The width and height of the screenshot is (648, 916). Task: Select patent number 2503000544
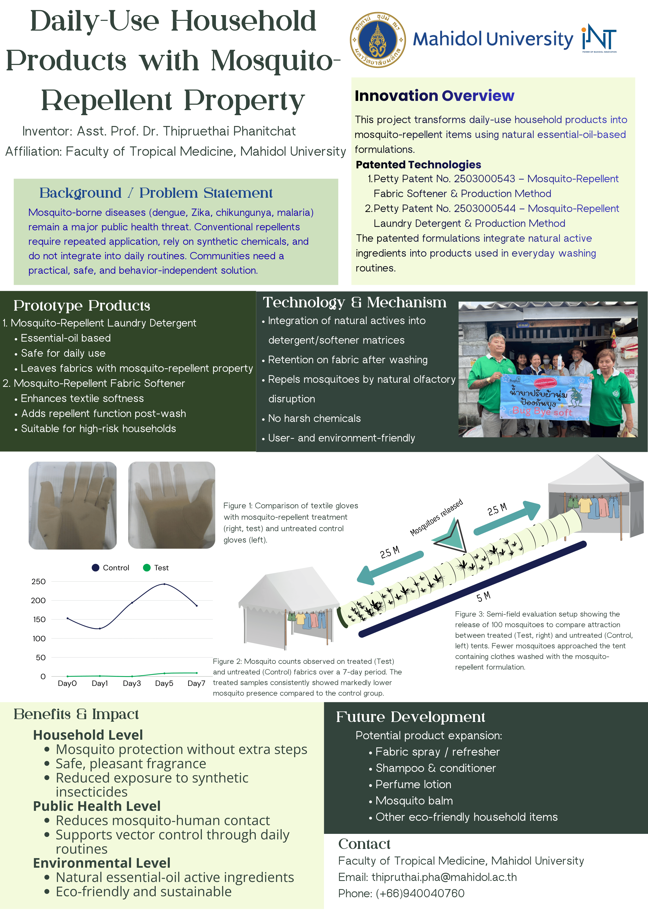[484, 209]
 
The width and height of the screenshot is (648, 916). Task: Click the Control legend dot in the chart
[95, 568]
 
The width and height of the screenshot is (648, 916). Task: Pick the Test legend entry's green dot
[147, 568]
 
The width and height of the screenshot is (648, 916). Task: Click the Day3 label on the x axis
[132, 683]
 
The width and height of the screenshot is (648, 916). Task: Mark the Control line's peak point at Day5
[164, 584]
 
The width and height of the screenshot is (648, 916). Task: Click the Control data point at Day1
[100, 628]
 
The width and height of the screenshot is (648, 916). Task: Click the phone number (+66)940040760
[420, 893]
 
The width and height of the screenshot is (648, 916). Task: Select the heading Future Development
[410, 717]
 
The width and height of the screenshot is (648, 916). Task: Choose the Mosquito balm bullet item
[414, 801]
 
